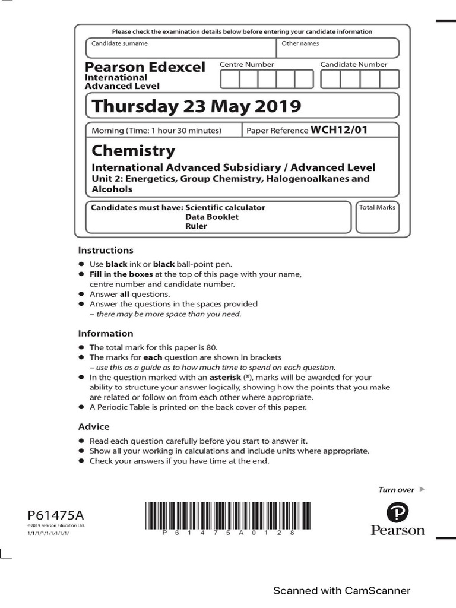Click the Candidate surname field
[181, 48]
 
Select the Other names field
[337, 48]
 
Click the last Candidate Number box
[389, 79]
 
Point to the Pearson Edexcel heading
[145, 67]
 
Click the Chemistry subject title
[133, 150]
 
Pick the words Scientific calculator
[225, 208]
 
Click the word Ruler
[196, 226]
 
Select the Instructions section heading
[106, 250]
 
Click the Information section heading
[106, 333]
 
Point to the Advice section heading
[94, 426]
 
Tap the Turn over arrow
[422, 489]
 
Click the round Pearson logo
[397, 512]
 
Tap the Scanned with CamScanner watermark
[341, 590]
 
